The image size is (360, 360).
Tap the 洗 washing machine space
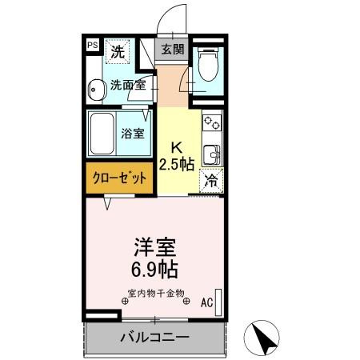coord(118,53)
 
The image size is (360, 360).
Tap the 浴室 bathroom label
coord(133,134)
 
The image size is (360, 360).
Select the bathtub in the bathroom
coord(103,134)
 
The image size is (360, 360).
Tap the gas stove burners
coord(212,125)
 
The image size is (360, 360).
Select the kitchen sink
coord(212,154)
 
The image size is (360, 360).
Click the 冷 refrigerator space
coord(211,181)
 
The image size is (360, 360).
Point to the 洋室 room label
coord(155,245)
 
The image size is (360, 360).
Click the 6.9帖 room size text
coord(155,268)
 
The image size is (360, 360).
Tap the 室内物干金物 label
coord(155,294)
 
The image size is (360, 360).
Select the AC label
coord(206,302)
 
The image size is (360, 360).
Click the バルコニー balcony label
coord(154,337)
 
